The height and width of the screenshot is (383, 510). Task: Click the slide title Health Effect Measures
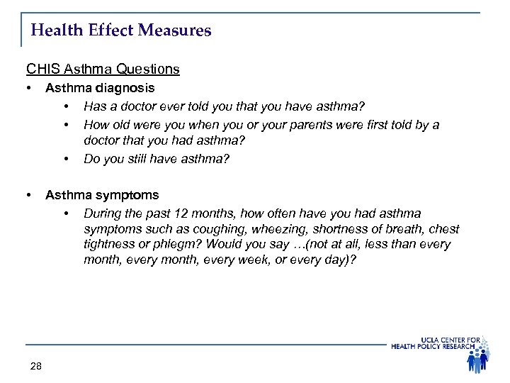[121, 31]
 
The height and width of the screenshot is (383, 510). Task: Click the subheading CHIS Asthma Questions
[103, 70]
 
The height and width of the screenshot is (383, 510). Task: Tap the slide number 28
[36, 366]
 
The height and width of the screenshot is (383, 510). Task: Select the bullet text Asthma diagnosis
[100, 89]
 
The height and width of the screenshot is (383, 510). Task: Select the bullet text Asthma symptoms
[102, 194]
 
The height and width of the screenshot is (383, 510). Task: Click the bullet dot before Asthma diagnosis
[28, 89]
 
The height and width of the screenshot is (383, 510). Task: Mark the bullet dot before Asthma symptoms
[28, 194]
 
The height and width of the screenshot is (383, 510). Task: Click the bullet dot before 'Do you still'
[67, 159]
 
